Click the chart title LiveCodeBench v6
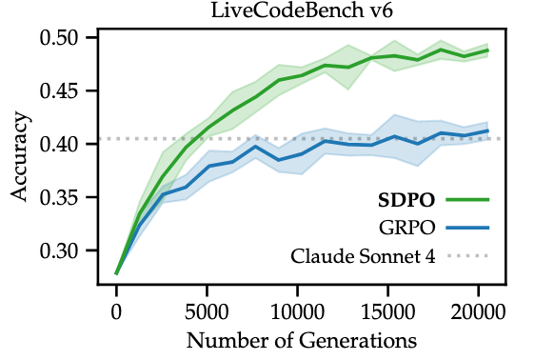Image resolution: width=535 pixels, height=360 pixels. [x=302, y=10]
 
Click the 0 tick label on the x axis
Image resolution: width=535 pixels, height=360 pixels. [x=116, y=311]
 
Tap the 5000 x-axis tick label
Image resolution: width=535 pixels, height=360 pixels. [x=207, y=311]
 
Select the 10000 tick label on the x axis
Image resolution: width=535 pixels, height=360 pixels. [x=298, y=311]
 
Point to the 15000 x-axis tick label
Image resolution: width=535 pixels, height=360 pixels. [x=388, y=311]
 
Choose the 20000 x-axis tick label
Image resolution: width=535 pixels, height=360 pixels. [x=479, y=311]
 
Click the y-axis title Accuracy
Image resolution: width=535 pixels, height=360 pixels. [x=19, y=156]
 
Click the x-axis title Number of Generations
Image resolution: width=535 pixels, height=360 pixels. [x=302, y=341]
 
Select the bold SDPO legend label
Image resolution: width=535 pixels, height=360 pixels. [x=406, y=200]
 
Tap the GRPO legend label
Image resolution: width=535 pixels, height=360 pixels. [x=407, y=228]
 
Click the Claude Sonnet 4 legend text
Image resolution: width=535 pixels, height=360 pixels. [x=363, y=256]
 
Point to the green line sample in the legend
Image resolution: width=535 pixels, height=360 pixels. [x=467, y=200]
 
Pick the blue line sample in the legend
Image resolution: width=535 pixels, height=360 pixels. [x=467, y=228]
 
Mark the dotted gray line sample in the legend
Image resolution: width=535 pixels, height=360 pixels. [x=467, y=255]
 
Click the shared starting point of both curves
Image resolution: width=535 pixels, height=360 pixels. [x=116, y=273]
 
